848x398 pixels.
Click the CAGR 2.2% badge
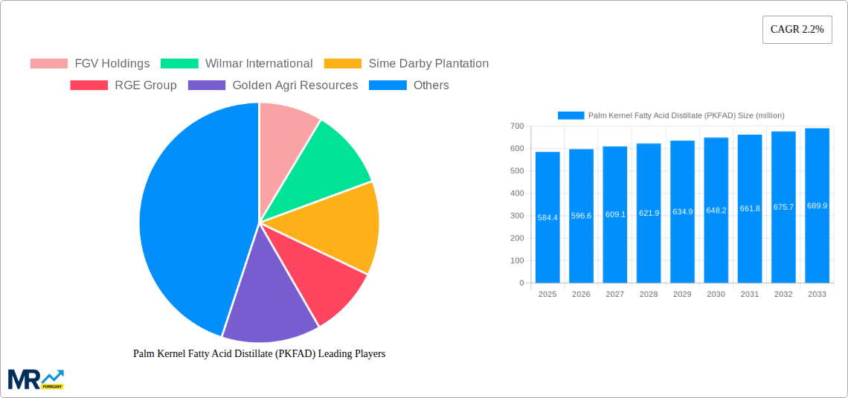[797, 30]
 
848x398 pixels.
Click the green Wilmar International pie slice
[327, 160]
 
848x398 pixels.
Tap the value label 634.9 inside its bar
[682, 211]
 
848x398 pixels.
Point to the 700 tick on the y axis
[515, 126]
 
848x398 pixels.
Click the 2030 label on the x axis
[716, 295]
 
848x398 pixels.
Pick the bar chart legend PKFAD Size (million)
[671, 115]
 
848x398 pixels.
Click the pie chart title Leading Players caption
[259, 354]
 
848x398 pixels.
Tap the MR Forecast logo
[35, 379]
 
